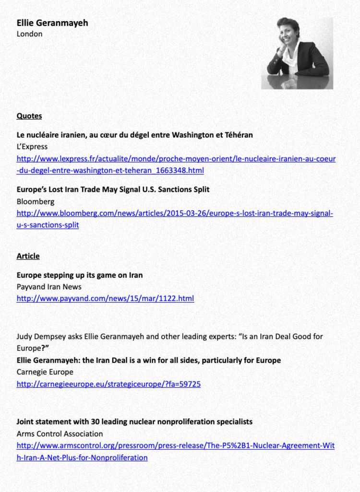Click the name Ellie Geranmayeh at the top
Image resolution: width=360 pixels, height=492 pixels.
52,23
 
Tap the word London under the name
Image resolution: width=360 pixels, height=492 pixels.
30,34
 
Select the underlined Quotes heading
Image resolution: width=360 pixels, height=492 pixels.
29,116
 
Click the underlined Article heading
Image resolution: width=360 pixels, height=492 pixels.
28,256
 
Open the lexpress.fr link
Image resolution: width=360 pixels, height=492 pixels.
176,159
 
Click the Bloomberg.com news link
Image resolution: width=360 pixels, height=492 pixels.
175,213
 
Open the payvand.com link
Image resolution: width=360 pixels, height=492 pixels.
105,298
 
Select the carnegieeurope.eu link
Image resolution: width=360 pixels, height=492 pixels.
108,384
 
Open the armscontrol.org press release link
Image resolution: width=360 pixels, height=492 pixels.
176,445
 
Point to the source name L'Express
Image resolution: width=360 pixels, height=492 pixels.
32,147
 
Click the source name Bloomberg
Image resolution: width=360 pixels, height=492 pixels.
36,201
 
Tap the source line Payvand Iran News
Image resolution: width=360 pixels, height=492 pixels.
49,287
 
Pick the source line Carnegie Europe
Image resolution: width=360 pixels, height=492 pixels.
45,372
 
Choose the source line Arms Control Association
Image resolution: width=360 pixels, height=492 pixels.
60,433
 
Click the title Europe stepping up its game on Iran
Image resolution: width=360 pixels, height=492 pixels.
80,275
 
